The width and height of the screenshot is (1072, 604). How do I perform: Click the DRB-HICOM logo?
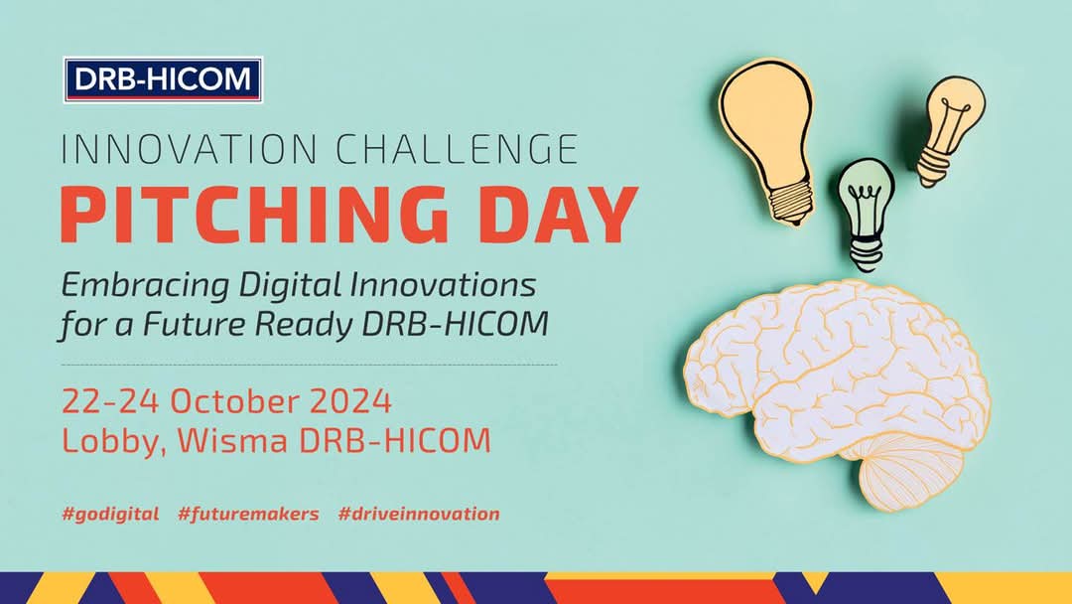coord(163,80)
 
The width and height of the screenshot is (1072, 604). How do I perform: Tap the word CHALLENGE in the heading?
coord(456,149)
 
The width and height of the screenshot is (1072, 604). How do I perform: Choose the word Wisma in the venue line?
coord(229,440)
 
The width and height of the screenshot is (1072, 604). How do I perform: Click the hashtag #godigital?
coord(110,514)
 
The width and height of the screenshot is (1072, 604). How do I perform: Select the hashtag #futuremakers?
coord(248,514)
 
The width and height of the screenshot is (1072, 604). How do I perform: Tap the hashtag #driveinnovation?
coord(418,514)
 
